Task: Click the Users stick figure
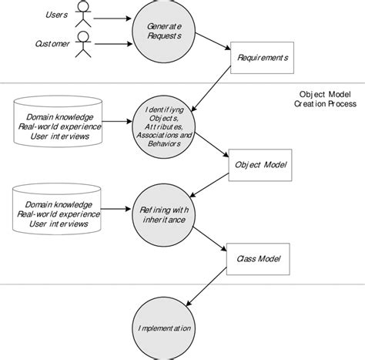click(x=83, y=13)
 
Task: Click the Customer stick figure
click(x=83, y=44)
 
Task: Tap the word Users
click(x=56, y=15)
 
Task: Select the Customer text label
click(x=52, y=44)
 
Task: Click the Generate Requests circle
click(x=164, y=32)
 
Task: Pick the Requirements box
click(x=262, y=58)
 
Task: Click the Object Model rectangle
click(x=260, y=165)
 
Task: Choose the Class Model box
click(x=258, y=259)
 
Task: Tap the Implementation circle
click(x=164, y=328)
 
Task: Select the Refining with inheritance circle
click(x=164, y=215)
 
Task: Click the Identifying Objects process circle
click(x=164, y=126)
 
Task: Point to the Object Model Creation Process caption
click(x=325, y=99)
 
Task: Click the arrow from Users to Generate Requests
click(x=112, y=19)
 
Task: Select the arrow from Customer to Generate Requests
click(x=113, y=44)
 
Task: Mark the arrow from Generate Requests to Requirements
click(x=213, y=41)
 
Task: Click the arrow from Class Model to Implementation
click(x=206, y=287)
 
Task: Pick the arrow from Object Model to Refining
click(x=209, y=185)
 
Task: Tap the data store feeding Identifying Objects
click(x=58, y=122)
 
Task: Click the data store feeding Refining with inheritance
click(x=57, y=209)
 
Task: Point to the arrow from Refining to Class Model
click(x=209, y=239)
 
